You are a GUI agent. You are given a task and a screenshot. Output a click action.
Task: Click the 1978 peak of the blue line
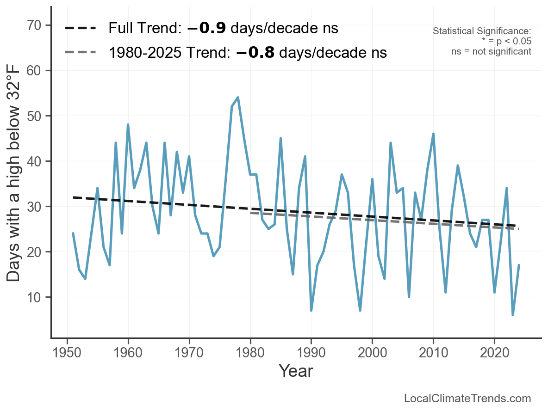click(238, 98)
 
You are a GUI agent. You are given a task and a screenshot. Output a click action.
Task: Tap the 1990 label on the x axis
click(311, 353)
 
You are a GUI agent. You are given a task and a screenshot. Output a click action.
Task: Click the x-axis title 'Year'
click(296, 371)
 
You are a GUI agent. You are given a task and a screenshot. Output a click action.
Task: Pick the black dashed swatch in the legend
click(81, 28)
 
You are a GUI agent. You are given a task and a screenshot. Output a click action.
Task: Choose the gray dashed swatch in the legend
click(81, 52)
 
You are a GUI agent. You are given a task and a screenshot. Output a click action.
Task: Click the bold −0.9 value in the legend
click(206, 28)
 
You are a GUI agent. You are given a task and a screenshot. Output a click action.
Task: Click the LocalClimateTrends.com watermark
click(467, 399)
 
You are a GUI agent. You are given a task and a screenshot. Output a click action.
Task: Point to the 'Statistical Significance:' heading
click(482, 31)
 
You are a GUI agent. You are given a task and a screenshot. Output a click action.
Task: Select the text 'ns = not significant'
click(491, 51)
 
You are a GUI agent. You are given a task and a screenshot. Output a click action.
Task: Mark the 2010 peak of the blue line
click(433, 134)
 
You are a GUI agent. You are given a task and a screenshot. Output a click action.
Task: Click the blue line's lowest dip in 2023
click(513, 315)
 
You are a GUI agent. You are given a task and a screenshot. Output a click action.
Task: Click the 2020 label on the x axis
click(494, 353)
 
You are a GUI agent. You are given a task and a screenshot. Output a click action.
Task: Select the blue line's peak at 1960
click(128, 125)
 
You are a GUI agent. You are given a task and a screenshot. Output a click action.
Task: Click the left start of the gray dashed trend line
click(250, 213)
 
